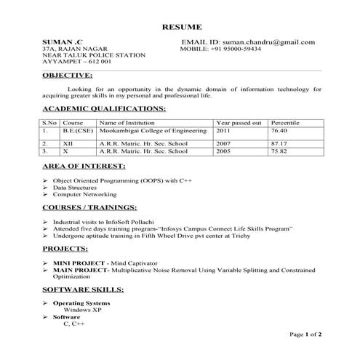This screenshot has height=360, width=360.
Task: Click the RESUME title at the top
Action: (180, 26)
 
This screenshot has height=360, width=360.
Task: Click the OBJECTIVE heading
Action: (68, 76)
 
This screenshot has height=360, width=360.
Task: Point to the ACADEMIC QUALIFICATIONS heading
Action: (105, 108)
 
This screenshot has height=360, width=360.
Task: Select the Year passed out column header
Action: (239, 123)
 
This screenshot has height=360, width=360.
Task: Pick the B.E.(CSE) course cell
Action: (77, 131)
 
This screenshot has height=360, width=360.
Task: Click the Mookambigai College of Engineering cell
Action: (152, 131)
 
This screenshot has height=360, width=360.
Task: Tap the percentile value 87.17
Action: (280, 145)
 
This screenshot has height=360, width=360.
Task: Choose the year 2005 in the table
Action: (225, 152)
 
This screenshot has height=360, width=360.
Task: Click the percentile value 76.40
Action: (280, 131)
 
